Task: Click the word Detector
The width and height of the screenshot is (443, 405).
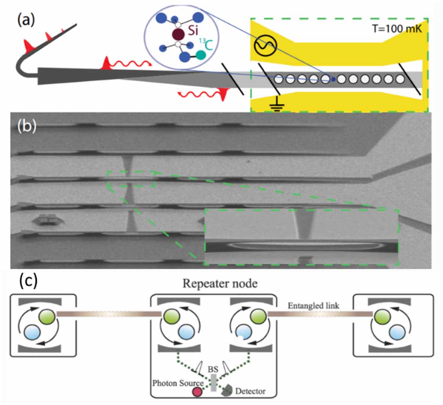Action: [x=250, y=391]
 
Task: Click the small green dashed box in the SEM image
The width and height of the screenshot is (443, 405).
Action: [x=131, y=179]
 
